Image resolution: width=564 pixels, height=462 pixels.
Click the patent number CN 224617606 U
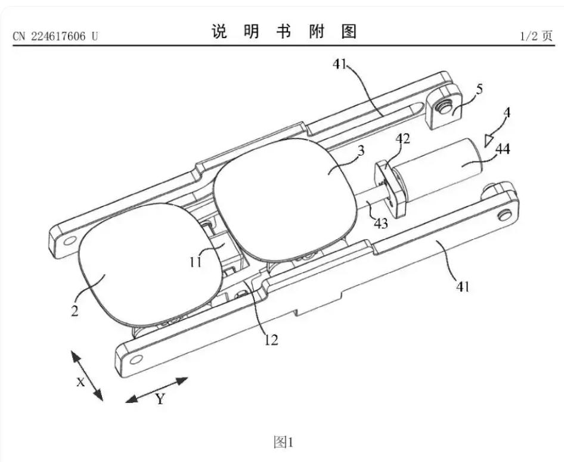(55, 36)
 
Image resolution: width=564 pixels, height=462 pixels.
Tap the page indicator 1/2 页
(536, 36)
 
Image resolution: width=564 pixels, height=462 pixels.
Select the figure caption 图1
(283, 442)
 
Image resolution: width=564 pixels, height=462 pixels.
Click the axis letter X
(80, 382)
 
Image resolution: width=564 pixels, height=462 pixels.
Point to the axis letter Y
(160, 398)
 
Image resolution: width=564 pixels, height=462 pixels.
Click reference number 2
(75, 311)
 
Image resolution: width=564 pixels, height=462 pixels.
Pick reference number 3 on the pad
(361, 150)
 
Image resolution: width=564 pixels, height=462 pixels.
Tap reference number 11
(196, 262)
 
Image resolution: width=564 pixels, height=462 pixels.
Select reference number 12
(271, 339)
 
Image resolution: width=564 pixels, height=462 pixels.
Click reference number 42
(402, 138)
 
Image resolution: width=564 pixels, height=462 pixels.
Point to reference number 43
(382, 224)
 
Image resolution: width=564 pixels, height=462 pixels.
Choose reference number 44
(503, 148)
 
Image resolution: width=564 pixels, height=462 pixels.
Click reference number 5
(479, 89)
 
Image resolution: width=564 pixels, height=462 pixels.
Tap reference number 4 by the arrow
(506, 113)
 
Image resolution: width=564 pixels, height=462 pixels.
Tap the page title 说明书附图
(283, 32)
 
